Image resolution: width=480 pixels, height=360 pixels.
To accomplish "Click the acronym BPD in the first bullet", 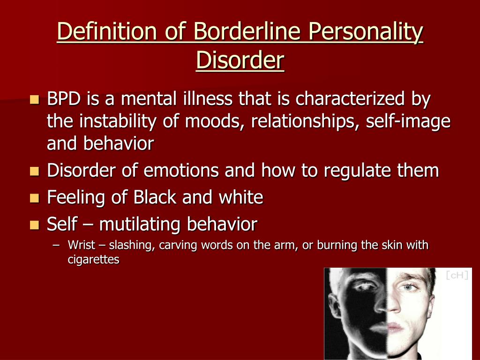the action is (x=64, y=99).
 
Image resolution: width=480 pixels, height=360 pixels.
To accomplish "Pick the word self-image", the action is (x=408, y=122).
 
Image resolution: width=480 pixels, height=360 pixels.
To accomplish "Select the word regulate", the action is (x=357, y=171).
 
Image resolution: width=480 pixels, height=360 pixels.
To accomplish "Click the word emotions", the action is (x=181, y=170).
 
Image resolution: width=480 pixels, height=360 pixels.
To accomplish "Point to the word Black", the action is (x=155, y=197).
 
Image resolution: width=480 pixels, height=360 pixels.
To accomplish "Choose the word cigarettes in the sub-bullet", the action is (x=93, y=260).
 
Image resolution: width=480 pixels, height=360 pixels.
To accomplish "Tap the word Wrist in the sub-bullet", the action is (x=82, y=245).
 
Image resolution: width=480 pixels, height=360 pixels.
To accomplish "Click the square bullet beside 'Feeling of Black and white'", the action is (x=35, y=198).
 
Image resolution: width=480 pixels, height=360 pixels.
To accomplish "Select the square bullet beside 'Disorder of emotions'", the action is (x=35, y=171).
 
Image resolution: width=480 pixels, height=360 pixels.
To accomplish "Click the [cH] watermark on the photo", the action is (x=457, y=275).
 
